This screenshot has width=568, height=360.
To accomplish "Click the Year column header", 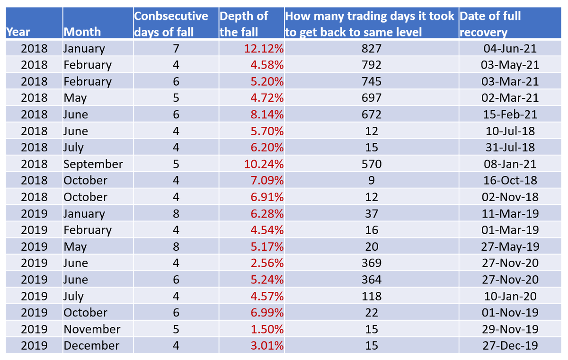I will (18, 32).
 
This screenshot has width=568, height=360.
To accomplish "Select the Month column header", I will (82, 32).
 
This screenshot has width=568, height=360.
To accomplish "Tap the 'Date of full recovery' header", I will (490, 24).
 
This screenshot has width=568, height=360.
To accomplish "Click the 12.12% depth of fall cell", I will (264, 49).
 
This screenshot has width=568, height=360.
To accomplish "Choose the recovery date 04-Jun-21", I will (511, 49).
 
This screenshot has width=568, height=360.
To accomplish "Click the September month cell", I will (93, 164).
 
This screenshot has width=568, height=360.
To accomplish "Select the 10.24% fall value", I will (264, 164).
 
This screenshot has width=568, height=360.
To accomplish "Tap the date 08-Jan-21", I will (511, 164).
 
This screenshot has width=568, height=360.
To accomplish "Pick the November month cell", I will (92, 329).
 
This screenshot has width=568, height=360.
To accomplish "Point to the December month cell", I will (92, 346).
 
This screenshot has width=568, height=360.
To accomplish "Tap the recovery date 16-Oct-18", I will (511, 181).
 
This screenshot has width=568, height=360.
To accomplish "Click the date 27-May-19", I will (511, 246).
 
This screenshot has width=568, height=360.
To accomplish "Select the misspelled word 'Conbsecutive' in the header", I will (171, 16).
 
